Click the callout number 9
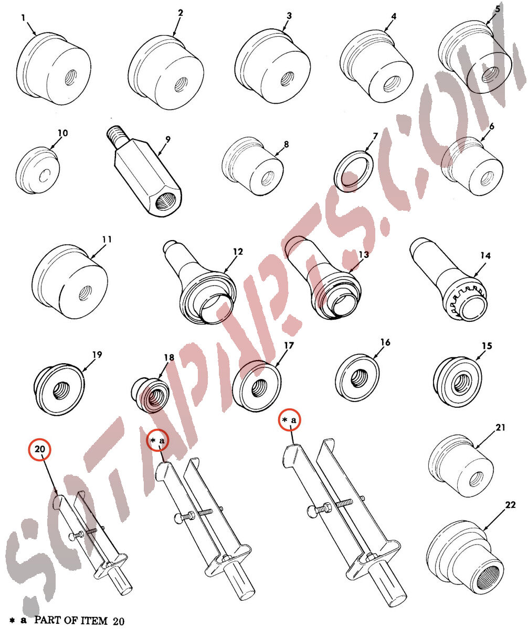coord(168,139)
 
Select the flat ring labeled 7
coord(353,171)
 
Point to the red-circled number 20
coord(40,449)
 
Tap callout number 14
coord(485,256)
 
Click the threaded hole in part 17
coord(258,388)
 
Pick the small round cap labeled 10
coord(37,170)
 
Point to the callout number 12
coord(238,252)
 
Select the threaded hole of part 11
coord(85,294)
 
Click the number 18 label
coord(169,357)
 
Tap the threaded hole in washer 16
coord(359,378)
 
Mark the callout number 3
coord(289,16)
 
